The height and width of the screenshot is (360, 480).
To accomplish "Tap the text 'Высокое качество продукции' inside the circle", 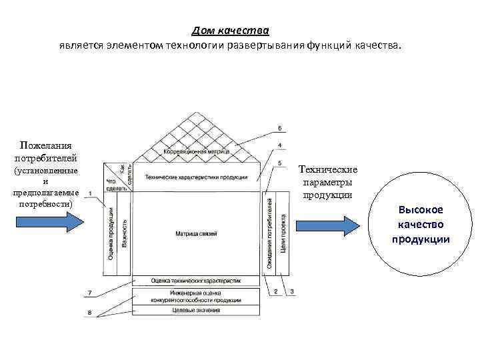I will point(421,224).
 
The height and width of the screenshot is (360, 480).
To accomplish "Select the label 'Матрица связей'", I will point(196,233).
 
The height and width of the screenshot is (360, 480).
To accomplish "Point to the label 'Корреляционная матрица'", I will point(197,152).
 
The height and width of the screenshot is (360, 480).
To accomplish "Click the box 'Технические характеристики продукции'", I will point(197,177).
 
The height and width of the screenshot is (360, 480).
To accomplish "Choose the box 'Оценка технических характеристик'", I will point(196,281).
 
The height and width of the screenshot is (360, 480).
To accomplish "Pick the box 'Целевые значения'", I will point(196,310).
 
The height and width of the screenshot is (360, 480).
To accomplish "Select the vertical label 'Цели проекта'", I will point(283,233).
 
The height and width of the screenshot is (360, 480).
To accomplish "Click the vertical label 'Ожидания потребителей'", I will point(270,233).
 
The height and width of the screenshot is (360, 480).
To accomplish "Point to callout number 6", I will point(279,127).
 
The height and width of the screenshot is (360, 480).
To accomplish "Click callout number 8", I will point(89,313).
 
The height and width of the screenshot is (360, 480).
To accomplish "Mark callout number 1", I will point(89,193).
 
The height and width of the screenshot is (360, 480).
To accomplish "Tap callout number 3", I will point(292,292).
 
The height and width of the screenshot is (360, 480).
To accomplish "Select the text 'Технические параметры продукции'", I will point(328,182).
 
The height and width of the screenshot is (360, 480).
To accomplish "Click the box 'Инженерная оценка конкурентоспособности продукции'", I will point(196,296).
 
